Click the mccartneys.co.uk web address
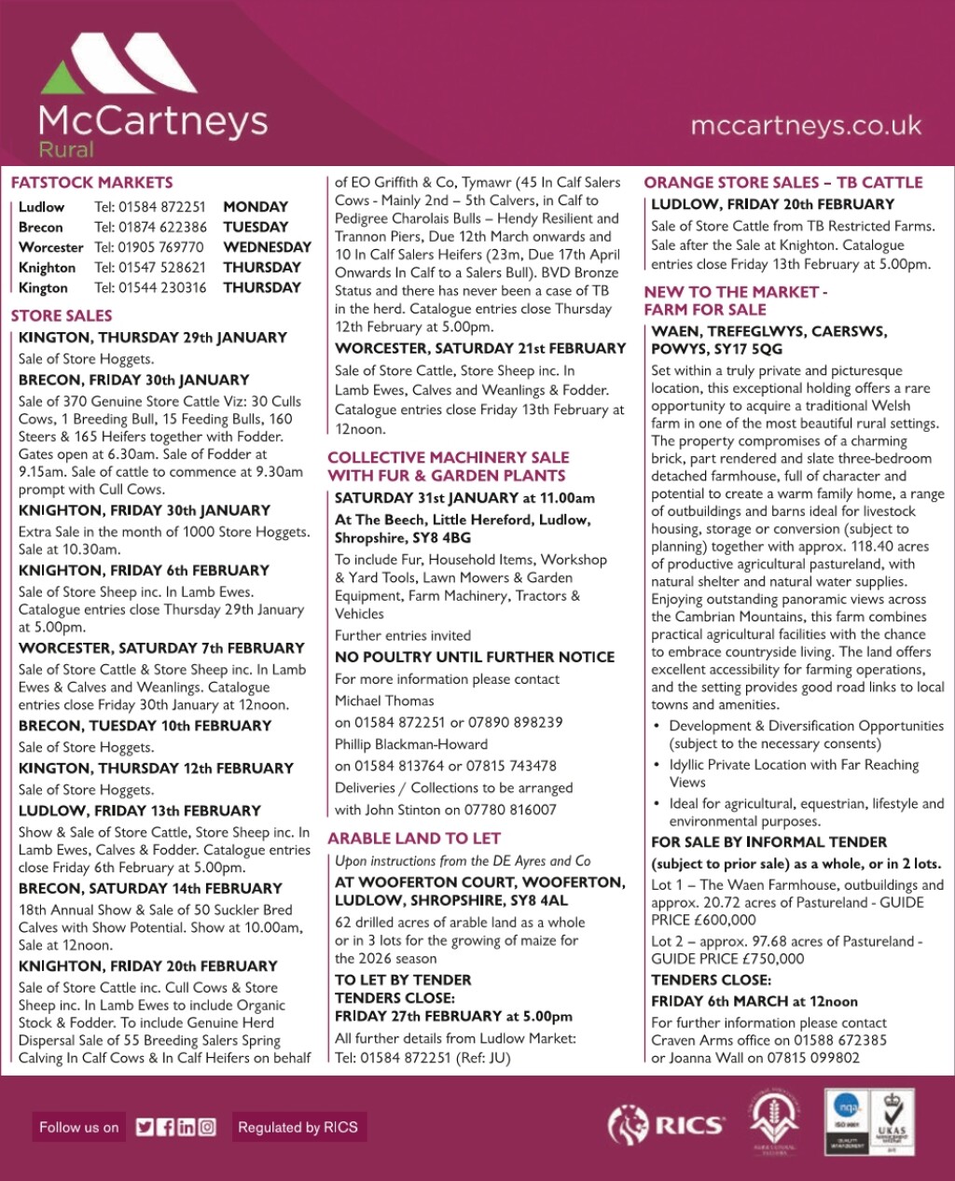coord(806,125)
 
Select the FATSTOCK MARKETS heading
coord(91,183)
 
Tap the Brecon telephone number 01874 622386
coord(150,227)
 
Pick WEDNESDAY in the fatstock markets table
coord(267,247)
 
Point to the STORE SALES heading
coord(62,315)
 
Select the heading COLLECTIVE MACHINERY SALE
coord(448,457)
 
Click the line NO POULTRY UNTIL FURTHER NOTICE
coord(475,658)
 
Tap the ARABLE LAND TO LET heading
coord(414,839)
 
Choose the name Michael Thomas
coord(384,701)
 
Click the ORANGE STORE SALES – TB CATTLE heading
coord(783,183)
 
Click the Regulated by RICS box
coord(298,1127)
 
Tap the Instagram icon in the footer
coord(207,1127)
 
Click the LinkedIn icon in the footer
coord(187,1127)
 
